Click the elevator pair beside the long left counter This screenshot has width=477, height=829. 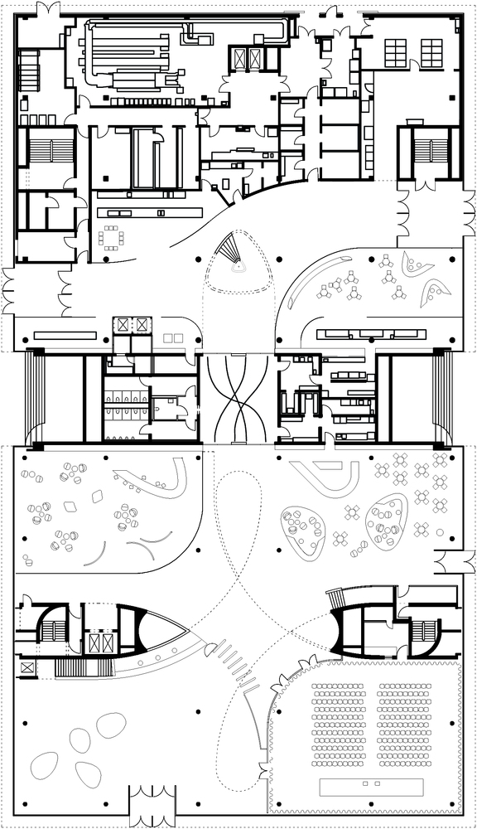click(x=133, y=322)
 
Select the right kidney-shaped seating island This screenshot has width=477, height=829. click(x=386, y=521)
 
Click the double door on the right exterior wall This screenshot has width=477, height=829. click(x=456, y=564)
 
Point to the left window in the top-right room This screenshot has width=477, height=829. click(x=394, y=53)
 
